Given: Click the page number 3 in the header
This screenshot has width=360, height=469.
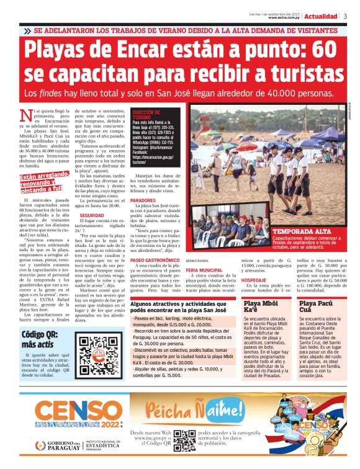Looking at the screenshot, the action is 346,16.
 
